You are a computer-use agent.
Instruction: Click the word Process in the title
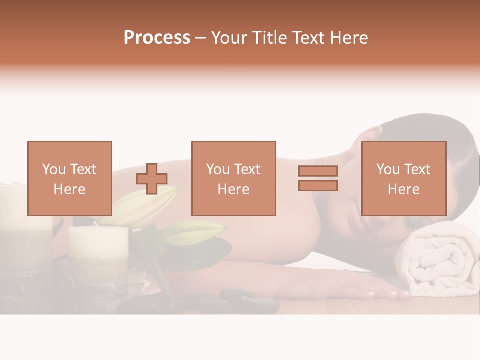[x=157, y=38]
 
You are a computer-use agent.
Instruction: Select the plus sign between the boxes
[x=152, y=179]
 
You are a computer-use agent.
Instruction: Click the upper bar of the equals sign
[x=318, y=171]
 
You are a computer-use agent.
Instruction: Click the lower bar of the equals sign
[x=318, y=186]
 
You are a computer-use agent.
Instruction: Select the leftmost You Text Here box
[x=70, y=178]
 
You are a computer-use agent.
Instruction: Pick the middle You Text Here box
[x=234, y=178]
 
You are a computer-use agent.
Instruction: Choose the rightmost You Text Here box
[x=404, y=178]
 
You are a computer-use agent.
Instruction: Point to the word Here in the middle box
[x=234, y=189]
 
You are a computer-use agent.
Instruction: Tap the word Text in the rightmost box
[x=416, y=169]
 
